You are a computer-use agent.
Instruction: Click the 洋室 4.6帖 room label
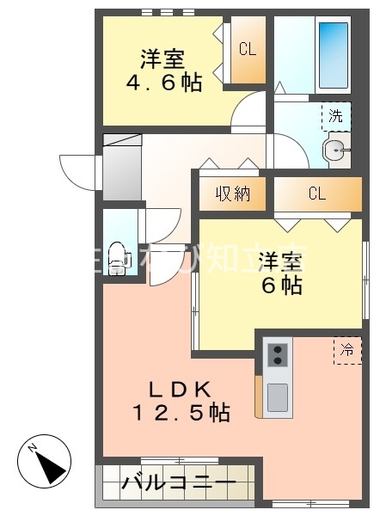point(163,71)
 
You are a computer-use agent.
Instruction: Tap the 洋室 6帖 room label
point(282,273)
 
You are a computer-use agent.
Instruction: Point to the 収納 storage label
point(232,193)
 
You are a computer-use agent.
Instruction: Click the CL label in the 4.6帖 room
point(248,49)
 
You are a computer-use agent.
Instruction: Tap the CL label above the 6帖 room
point(316,193)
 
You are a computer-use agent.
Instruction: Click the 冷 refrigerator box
point(347,351)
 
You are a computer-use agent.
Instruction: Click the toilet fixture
point(119,255)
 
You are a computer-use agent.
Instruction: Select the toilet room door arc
point(163,225)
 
